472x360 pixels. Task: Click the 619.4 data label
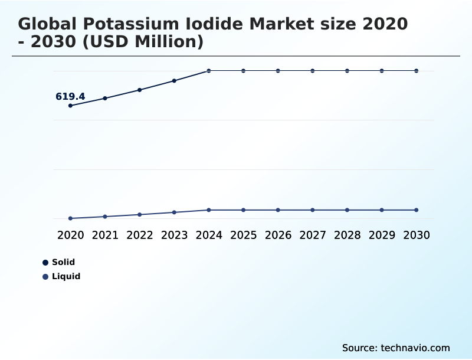coord(70,96)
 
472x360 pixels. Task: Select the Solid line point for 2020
coord(70,106)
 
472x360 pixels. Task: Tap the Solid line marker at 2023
coord(174,80)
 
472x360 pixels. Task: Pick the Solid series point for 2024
coord(209,71)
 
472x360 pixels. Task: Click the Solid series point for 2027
coord(313,71)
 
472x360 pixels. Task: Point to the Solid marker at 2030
coord(417,71)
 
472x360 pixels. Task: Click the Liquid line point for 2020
coord(70,218)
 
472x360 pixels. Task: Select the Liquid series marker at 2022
coord(140,214)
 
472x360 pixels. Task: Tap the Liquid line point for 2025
coord(243,210)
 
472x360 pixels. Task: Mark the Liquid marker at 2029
coord(382,210)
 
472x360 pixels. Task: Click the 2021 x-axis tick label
coord(105,235)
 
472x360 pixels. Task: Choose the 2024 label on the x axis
coord(209,235)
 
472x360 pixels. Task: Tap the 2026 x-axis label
coord(278,235)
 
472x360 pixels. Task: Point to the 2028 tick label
coord(347,235)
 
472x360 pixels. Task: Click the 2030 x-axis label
coord(417,235)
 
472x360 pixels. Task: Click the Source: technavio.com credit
coord(396,348)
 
